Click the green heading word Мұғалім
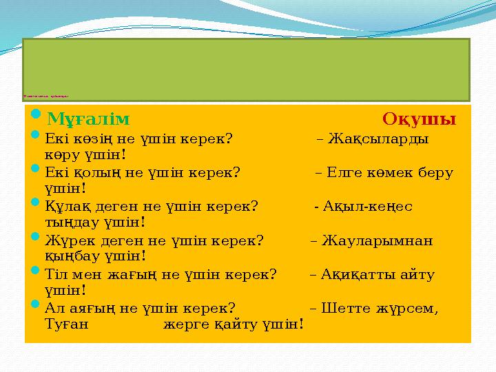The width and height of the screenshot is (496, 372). (88, 119)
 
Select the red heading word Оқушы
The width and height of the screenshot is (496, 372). (419, 119)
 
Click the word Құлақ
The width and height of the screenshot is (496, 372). (63, 206)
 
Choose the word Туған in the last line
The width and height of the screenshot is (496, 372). (66, 323)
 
